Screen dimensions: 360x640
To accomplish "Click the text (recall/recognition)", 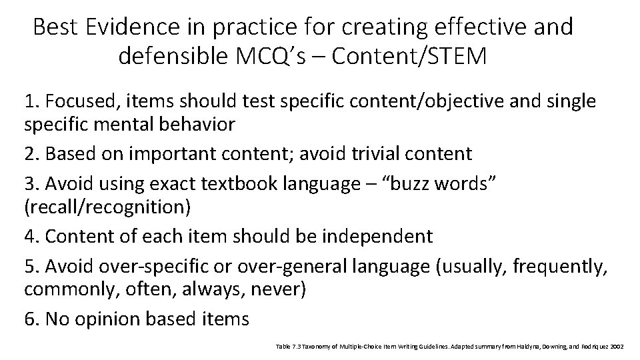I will tap(107, 207).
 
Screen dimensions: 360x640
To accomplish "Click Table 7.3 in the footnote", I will tap(286, 346).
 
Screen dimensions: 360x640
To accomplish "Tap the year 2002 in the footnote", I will tap(616, 346).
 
